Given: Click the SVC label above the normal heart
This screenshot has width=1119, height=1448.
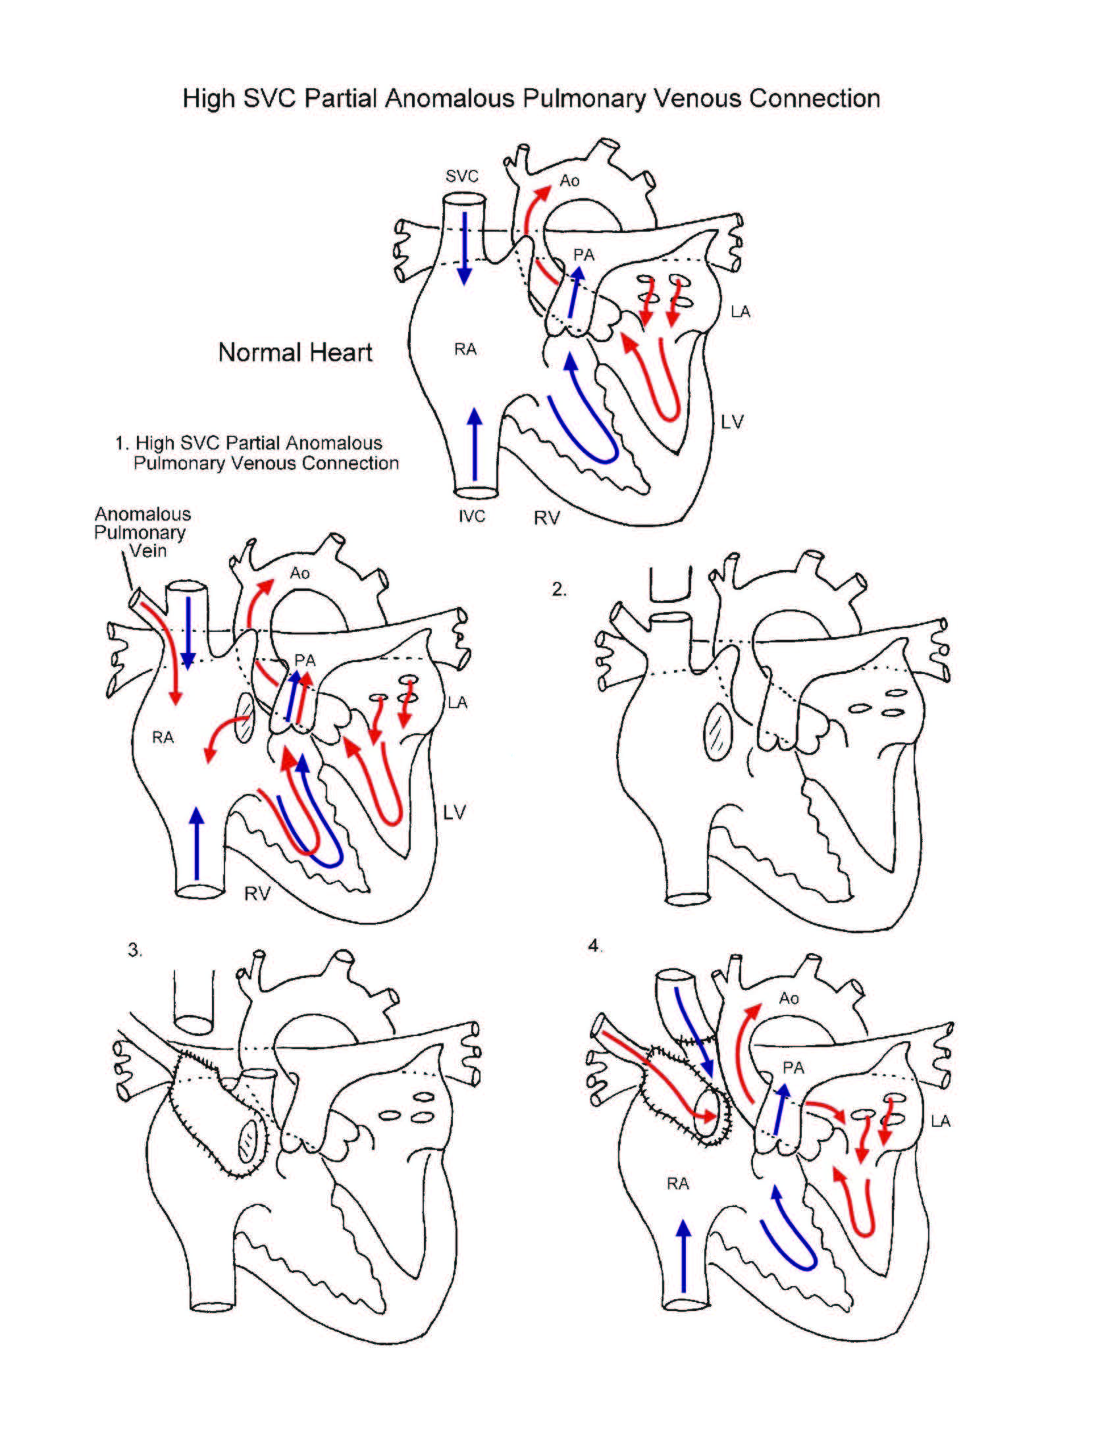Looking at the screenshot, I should [x=461, y=176].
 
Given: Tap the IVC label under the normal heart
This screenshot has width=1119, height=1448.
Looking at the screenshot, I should [x=472, y=516].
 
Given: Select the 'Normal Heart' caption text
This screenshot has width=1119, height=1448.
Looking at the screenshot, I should [x=295, y=352].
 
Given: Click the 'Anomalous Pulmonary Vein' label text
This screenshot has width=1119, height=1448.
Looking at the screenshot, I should [x=142, y=532].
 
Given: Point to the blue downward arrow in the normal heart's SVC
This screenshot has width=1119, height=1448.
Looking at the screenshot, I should [x=465, y=248].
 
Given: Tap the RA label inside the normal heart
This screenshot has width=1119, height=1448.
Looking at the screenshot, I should [x=465, y=349].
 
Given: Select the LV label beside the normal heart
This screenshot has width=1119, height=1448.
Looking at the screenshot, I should [x=732, y=422].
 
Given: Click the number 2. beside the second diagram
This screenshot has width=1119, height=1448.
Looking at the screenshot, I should [x=559, y=589].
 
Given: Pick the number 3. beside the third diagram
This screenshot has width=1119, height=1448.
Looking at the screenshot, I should [x=134, y=950].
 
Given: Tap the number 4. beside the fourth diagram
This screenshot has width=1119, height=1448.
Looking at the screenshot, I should [x=594, y=946].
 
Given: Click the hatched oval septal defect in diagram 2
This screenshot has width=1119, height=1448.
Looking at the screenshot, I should [x=717, y=731].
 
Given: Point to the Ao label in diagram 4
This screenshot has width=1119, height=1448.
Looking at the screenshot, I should [x=789, y=998].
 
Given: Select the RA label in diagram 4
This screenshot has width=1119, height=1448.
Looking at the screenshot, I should [x=677, y=1183].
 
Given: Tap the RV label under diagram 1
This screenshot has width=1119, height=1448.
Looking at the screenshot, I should [x=257, y=894].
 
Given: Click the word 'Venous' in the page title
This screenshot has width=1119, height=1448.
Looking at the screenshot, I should [x=698, y=98].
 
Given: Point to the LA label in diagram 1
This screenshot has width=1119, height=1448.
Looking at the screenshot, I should [x=457, y=702].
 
